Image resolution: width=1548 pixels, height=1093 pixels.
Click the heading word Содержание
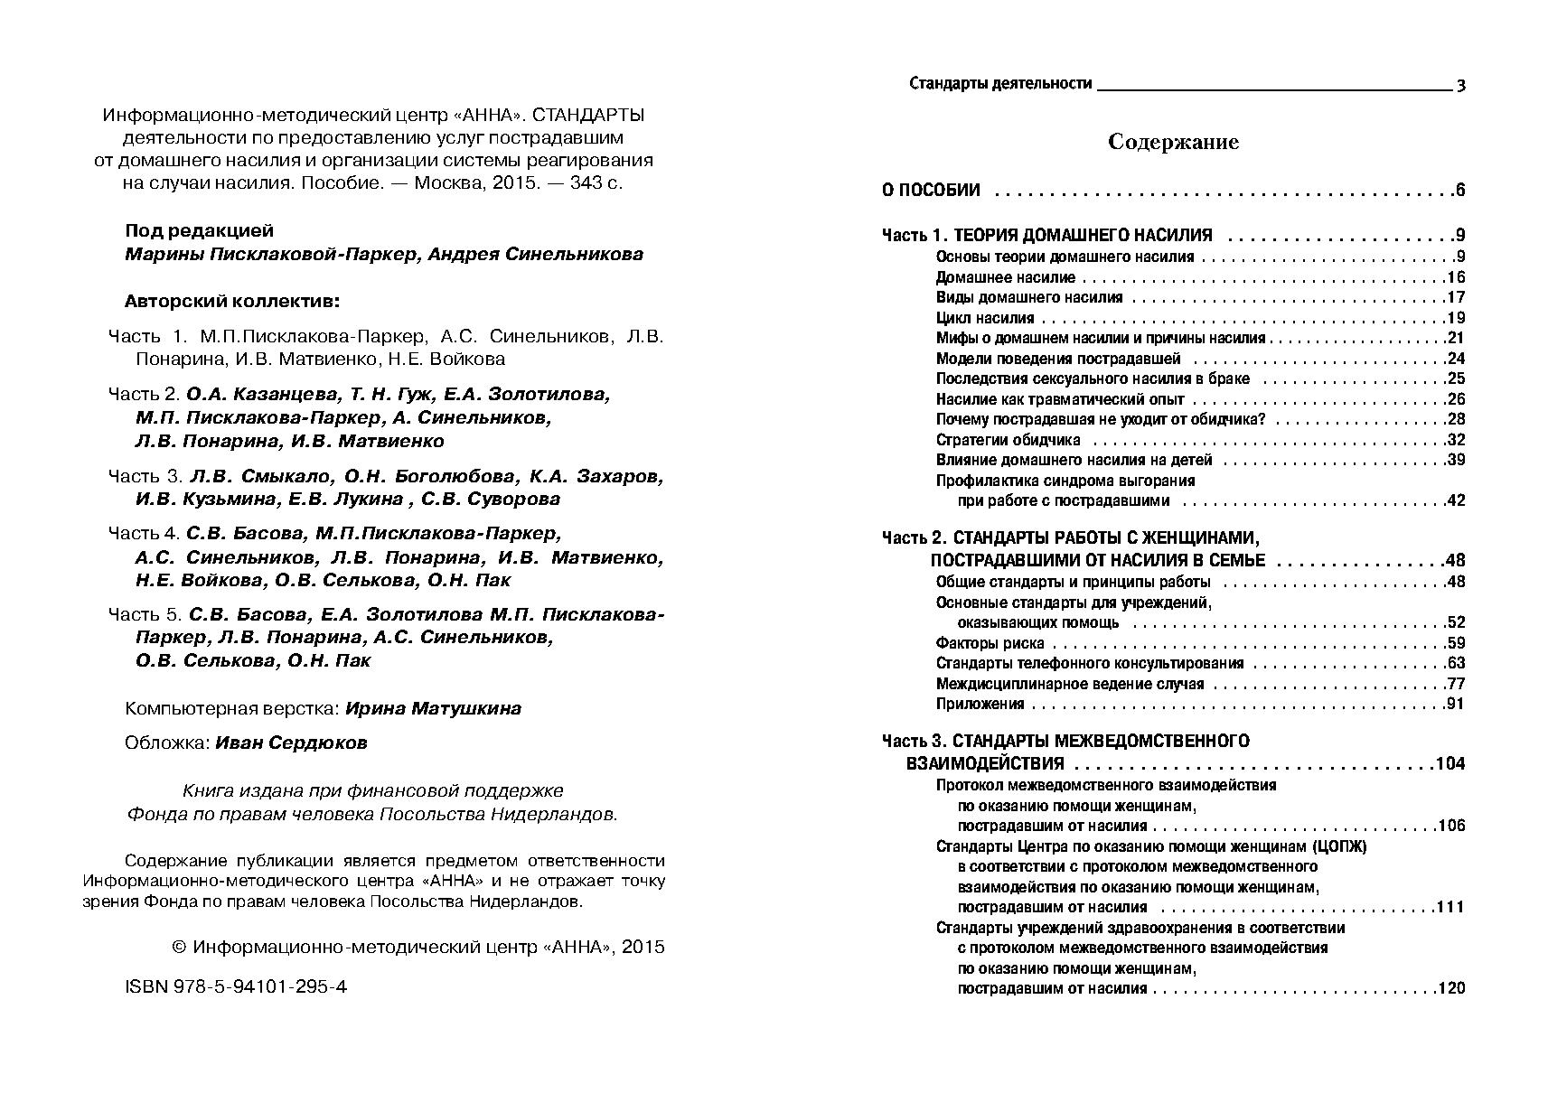tap(1173, 142)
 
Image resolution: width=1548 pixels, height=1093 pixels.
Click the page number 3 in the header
tap(1460, 86)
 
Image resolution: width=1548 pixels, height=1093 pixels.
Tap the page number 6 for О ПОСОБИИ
tap(1459, 190)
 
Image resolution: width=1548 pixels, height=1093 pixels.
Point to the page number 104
tap(1449, 763)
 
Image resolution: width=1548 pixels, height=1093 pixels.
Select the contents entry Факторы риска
tap(990, 643)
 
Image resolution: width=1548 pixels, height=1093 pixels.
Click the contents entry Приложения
tap(980, 704)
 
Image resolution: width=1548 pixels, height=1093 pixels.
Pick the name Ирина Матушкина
tap(433, 708)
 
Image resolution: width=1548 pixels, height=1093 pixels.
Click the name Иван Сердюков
tap(292, 743)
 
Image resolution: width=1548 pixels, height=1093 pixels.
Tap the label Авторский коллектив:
tap(233, 301)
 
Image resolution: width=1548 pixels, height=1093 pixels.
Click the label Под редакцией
tap(199, 230)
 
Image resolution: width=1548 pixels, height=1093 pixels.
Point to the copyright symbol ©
tap(178, 947)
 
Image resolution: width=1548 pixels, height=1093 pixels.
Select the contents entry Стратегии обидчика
tap(1008, 440)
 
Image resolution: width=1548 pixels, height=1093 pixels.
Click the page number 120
tap(1450, 988)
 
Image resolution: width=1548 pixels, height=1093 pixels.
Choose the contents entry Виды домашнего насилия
tap(1029, 297)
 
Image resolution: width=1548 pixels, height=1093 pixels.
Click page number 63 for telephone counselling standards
tap(1455, 663)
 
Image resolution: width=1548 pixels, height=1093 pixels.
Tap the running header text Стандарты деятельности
tap(1000, 84)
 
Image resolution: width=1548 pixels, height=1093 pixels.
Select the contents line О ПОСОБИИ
tap(931, 190)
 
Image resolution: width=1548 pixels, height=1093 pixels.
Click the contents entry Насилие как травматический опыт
tap(1060, 399)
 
